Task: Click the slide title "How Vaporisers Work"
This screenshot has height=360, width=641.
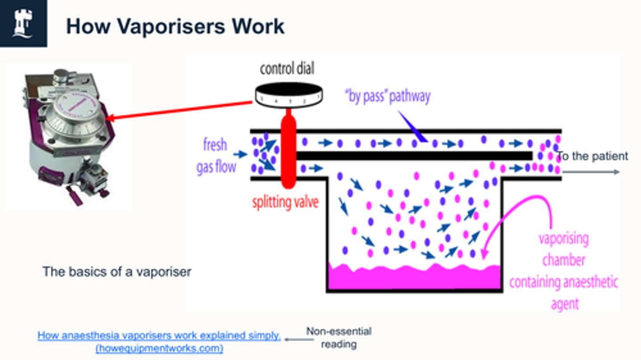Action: [x=175, y=26]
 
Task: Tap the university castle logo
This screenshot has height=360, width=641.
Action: [x=23, y=23]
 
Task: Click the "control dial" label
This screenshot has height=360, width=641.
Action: [x=287, y=69]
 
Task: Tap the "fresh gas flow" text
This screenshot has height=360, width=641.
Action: [x=216, y=156]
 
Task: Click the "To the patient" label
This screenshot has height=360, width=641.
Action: [x=592, y=156]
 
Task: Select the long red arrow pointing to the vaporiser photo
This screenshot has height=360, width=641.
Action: [x=178, y=111]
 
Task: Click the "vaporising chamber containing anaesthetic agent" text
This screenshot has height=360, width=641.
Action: [x=564, y=271]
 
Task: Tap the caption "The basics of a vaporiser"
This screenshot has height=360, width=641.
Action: [x=117, y=271]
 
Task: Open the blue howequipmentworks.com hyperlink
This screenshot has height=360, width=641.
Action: [x=159, y=342]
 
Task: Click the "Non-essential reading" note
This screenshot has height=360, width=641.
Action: [x=338, y=337]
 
